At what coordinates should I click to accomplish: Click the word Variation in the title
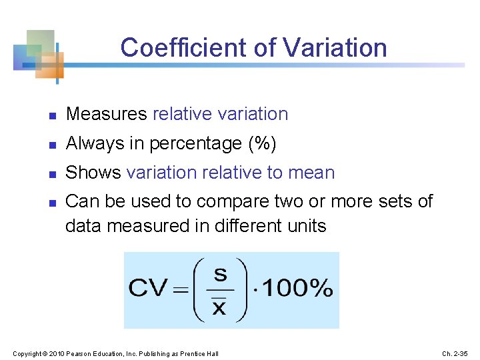click(335, 48)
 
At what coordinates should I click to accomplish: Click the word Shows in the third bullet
click(93, 173)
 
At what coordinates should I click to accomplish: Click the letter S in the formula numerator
click(220, 274)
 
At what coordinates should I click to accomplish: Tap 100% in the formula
click(297, 289)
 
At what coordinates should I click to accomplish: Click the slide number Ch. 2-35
click(456, 353)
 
